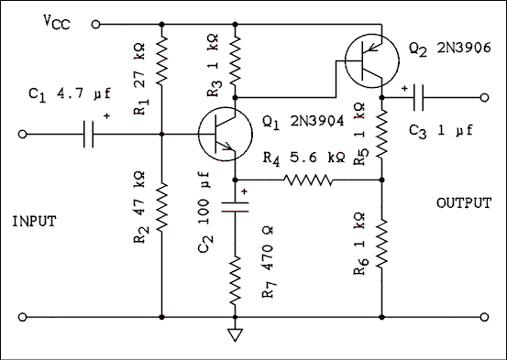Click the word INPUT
pyautogui.click(x=36, y=221)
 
